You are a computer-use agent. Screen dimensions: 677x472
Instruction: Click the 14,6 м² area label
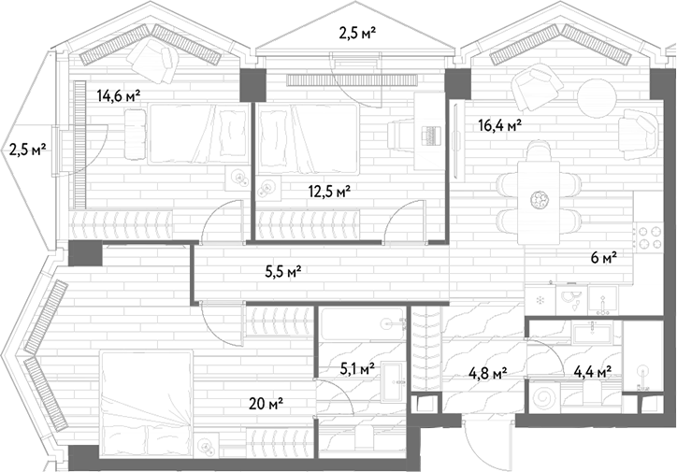[119, 95]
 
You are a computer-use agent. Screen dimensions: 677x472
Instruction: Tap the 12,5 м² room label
[329, 191]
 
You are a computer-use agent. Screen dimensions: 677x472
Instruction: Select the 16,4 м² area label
[500, 125]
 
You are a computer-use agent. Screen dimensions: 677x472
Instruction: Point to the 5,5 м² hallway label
[282, 271]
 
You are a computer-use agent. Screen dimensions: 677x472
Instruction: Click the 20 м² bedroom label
[266, 404]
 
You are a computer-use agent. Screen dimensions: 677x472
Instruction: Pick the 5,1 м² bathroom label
[356, 369]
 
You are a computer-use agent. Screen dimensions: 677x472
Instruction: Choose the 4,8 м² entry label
[488, 372]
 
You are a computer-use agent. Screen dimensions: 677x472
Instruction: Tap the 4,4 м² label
[593, 371]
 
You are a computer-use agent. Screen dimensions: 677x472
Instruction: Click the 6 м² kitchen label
[604, 258]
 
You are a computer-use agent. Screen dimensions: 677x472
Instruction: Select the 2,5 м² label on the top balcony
[356, 33]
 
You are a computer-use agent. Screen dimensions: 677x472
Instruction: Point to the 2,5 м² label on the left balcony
[28, 150]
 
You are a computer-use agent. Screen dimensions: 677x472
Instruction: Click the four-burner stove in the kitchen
[649, 237]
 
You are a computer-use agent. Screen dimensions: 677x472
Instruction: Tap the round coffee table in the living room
[597, 97]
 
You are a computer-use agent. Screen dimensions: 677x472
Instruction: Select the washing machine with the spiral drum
[543, 399]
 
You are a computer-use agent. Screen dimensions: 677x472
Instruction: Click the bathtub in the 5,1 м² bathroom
[364, 322]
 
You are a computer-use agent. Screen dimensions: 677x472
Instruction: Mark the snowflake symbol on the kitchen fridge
[540, 299]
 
